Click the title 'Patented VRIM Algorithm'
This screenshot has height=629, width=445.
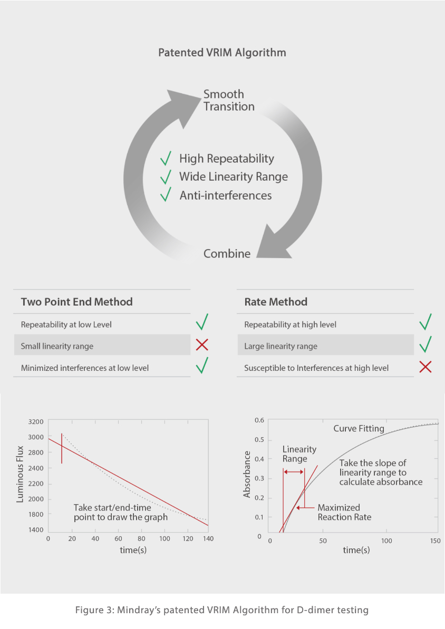click(222, 53)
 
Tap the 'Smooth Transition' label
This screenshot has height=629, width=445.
click(229, 100)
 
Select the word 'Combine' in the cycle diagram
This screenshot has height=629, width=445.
click(227, 253)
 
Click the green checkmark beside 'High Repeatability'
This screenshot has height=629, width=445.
click(166, 158)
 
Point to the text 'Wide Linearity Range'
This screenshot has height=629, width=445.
click(233, 176)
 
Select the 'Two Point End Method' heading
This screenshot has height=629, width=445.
click(76, 302)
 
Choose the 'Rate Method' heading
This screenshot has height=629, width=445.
click(275, 302)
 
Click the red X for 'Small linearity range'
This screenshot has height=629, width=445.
click(201, 346)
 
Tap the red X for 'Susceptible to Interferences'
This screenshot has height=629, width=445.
click(425, 367)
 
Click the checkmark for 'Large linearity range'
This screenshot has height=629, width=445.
click(425, 345)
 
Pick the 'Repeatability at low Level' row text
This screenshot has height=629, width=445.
click(66, 325)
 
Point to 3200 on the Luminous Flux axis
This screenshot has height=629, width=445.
click(35, 422)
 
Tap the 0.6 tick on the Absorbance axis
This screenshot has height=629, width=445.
click(258, 420)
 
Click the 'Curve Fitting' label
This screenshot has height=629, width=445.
click(359, 429)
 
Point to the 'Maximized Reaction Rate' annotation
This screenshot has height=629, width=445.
click(344, 513)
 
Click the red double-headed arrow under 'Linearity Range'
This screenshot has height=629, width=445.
click(294, 471)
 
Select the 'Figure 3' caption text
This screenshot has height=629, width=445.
click(222, 610)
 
